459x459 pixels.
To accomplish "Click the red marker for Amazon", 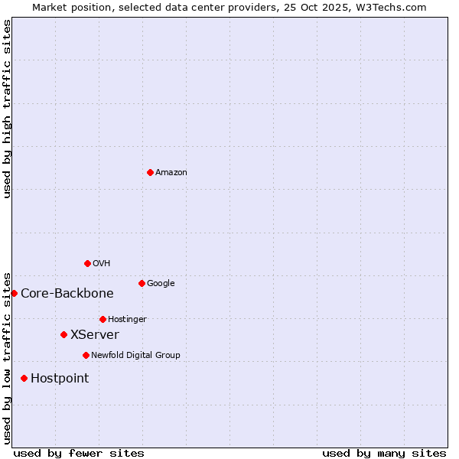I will (150, 172).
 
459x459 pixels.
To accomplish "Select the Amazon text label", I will (171, 173).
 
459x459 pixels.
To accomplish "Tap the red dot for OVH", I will (87, 263).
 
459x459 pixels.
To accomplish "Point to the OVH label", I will (102, 264).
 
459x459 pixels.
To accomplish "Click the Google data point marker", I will (142, 283).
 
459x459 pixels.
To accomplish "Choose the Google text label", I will (161, 284).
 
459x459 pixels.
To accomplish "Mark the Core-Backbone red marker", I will (14, 293).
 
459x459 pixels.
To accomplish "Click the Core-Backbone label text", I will (67, 294).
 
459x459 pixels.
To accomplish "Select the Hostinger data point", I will (103, 319).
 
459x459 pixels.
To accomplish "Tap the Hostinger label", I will (127, 320).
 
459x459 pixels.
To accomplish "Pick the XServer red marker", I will (63, 334).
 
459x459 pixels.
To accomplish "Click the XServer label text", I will (95, 335).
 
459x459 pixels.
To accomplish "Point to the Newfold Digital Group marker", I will (86, 355).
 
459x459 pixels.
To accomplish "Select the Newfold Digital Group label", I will (135, 356).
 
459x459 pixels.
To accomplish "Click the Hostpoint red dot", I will (24, 378).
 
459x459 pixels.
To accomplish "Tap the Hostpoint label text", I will (60, 379).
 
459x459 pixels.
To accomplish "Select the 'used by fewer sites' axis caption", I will (79, 453).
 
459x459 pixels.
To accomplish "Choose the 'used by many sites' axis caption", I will (384, 453).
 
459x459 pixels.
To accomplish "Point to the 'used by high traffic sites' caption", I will (8, 109).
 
